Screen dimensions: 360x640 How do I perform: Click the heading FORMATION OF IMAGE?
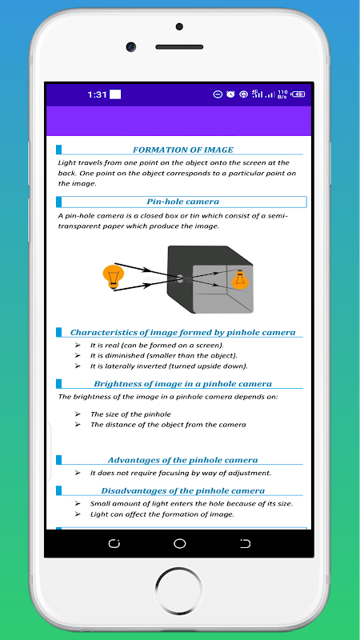[183, 150]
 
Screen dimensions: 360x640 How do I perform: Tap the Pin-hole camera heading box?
[182, 202]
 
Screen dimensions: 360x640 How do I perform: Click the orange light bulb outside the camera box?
[113, 277]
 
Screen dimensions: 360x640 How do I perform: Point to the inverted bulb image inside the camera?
[240, 279]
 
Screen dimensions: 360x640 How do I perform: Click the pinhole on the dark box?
[179, 278]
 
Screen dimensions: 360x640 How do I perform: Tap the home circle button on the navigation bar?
[179, 543]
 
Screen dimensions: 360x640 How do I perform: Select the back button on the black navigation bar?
[245, 543]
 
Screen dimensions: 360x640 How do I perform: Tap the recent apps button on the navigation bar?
[114, 543]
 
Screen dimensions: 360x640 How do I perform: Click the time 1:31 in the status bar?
[97, 94]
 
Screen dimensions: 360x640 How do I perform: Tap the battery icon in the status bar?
[298, 94]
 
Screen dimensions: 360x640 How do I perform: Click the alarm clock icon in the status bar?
[230, 94]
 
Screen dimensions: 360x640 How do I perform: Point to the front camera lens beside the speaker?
[131, 47]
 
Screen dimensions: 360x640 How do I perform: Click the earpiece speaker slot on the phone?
[179, 47]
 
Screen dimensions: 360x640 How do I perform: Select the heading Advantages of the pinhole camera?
[183, 460]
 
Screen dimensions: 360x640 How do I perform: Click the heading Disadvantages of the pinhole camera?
[183, 490]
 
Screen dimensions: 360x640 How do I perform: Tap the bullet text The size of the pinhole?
[130, 414]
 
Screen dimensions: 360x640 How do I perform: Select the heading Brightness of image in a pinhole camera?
[183, 384]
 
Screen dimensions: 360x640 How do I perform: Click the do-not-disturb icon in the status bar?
[218, 94]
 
